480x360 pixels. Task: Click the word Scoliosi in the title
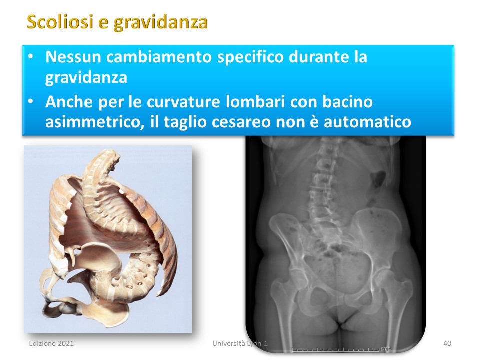[x=60, y=21]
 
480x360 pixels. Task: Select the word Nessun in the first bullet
[x=73, y=57]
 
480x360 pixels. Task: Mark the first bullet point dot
[x=31, y=56]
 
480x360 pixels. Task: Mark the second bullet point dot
[x=31, y=101]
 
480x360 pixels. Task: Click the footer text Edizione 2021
[x=51, y=343]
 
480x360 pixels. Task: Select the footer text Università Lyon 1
[x=240, y=344]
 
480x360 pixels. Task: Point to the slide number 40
[x=447, y=343]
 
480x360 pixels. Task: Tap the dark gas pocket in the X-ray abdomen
[x=378, y=179]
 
